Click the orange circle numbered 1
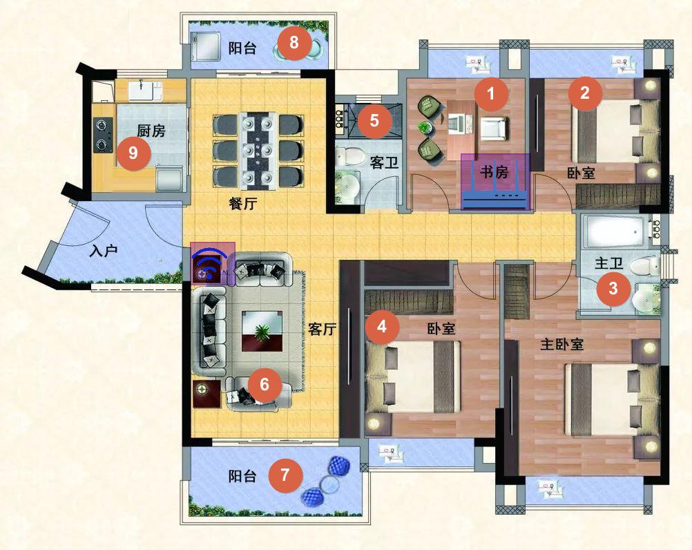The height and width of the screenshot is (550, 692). coord(491,93)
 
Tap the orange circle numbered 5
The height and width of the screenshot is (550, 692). coord(375,120)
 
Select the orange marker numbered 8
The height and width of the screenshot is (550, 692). coord(294,43)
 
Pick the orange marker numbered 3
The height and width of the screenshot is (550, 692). coord(613,289)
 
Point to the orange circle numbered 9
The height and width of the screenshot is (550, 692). coord(133,153)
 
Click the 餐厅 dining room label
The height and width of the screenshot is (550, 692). coord(242,204)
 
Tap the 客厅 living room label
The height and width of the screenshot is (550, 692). coord(322,329)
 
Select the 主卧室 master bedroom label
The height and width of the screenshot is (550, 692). coord(561,344)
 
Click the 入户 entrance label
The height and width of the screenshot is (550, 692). coord(104,251)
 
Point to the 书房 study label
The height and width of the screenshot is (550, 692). coord(494,172)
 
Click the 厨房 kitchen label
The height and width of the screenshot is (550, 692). coord(151,131)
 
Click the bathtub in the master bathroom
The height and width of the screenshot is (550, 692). coord(615,230)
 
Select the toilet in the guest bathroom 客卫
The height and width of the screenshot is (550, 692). coord(347,157)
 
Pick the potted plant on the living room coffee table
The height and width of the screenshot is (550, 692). coord(262,331)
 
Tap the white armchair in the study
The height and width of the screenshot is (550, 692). coord(493,129)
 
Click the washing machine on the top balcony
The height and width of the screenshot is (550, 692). coord(206,47)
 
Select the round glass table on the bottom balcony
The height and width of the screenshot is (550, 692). coord(328,484)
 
